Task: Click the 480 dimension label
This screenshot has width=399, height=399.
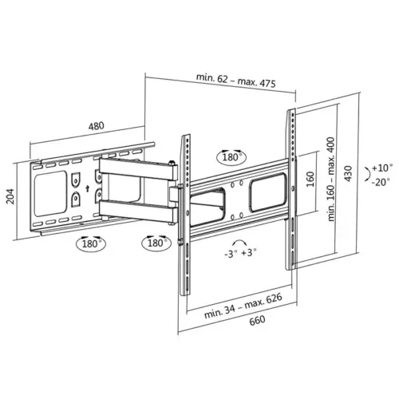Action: pyautogui.click(x=96, y=125)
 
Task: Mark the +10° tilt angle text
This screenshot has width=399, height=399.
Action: pyautogui.click(x=382, y=168)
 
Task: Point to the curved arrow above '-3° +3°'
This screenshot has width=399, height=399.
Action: pyautogui.click(x=238, y=241)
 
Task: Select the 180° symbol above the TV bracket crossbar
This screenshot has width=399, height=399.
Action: pyautogui.click(x=231, y=157)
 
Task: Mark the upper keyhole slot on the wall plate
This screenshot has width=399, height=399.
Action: pyautogui.click(x=75, y=180)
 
